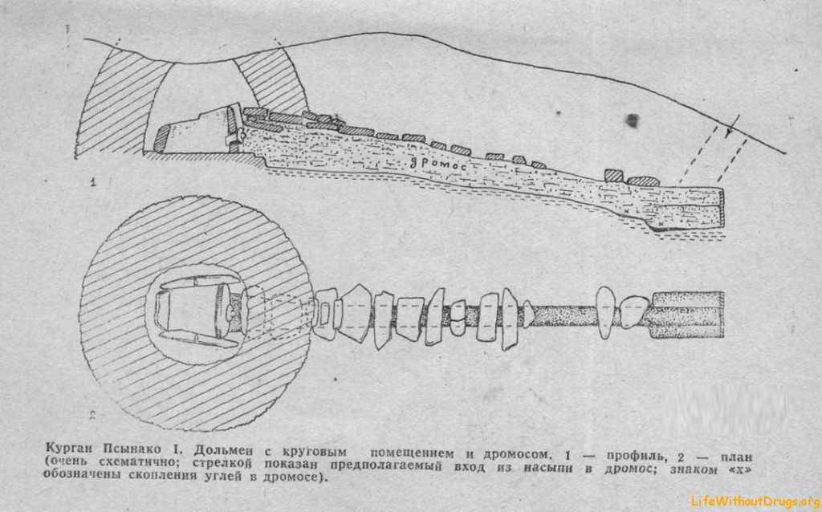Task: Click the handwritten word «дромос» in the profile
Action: (437, 163)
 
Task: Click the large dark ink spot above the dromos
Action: (633, 120)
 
